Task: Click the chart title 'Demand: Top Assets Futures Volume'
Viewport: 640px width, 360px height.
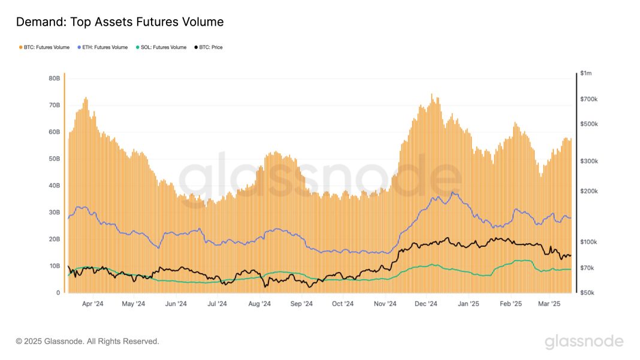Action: tap(120, 22)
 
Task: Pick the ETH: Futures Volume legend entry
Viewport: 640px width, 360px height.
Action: tap(102, 47)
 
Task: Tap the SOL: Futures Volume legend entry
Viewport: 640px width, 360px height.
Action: tap(161, 47)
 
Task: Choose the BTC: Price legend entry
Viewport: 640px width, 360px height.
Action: tap(207, 47)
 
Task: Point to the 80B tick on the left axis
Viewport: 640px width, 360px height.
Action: tap(54, 78)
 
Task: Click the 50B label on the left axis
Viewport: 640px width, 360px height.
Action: tap(54, 159)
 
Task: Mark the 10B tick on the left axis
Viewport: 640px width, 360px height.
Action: tap(54, 266)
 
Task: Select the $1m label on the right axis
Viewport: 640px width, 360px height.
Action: tap(585, 73)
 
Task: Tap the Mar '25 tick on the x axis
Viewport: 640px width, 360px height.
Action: tap(548, 304)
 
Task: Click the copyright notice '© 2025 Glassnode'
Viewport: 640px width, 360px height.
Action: tap(87, 341)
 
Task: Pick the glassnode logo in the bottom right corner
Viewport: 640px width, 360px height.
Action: tap(584, 342)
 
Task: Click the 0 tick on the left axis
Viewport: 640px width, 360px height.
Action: tap(58, 293)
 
